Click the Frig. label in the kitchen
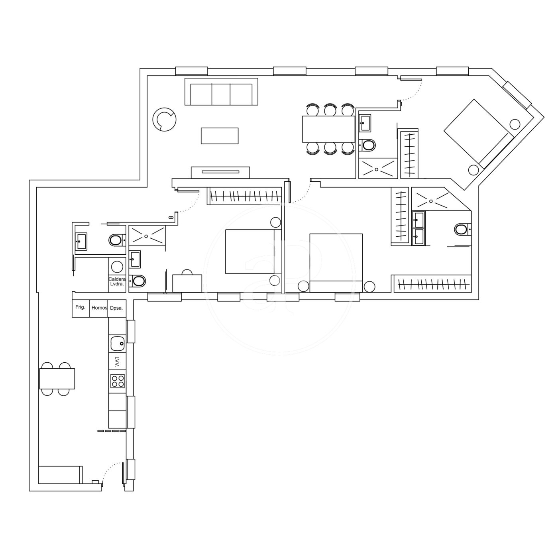pyautogui.click(x=80, y=307)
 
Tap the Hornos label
pyautogui.click(x=99, y=308)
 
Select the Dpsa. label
pyautogui.click(x=116, y=308)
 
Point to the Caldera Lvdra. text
pyautogui.click(x=117, y=281)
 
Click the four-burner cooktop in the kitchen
pyautogui.click(x=118, y=381)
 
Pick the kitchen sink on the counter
pyautogui.click(x=117, y=342)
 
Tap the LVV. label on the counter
pyautogui.click(x=117, y=362)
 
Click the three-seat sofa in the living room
pyautogui.click(x=221, y=92)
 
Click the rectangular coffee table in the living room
pyautogui.click(x=220, y=136)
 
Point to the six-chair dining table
pyautogui.click(x=328, y=129)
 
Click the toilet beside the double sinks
pyautogui.click(x=462, y=230)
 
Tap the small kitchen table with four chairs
pyautogui.click(x=57, y=379)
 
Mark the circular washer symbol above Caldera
pyautogui.click(x=117, y=266)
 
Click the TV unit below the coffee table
pyautogui.click(x=220, y=173)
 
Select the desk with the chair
pyautogui.click(x=187, y=283)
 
